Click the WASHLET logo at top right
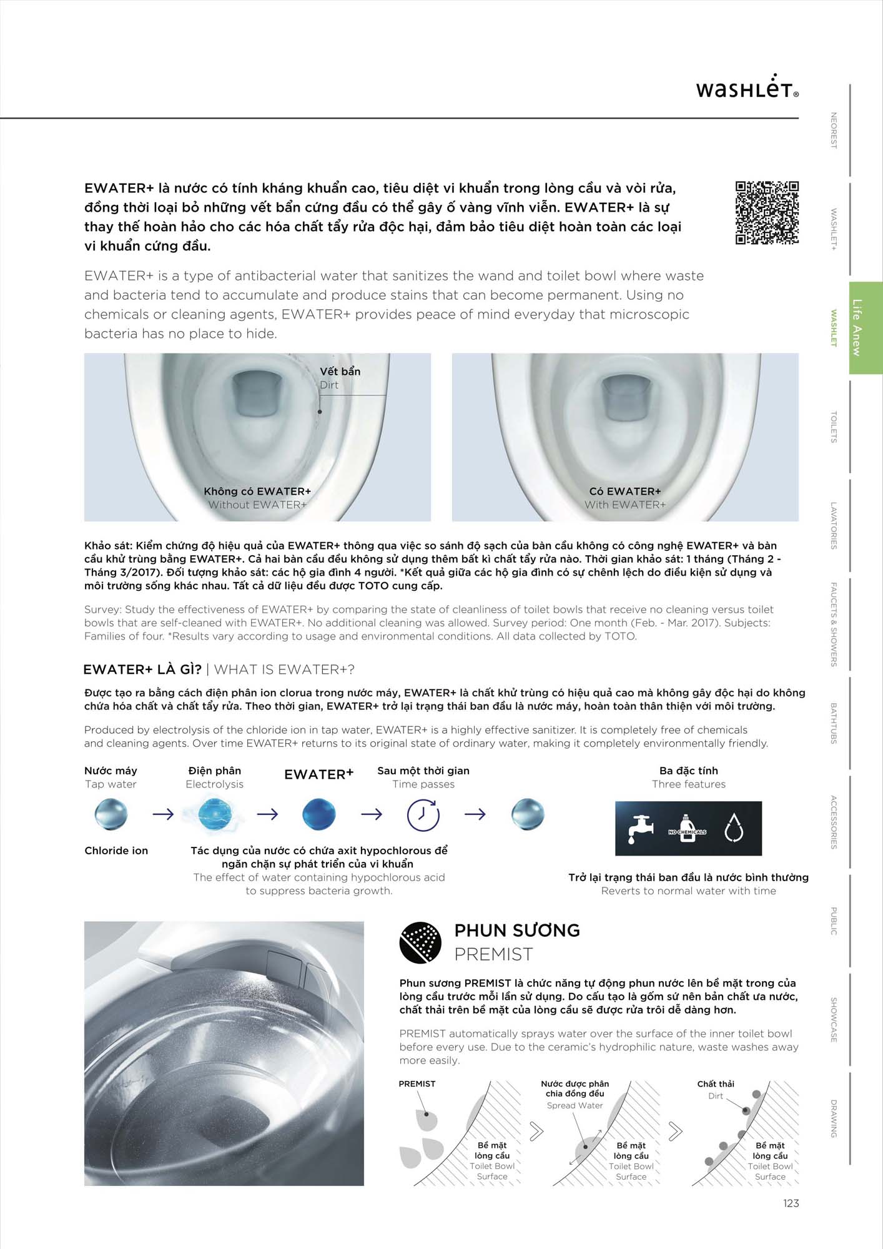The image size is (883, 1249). pyautogui.click(x=747, y=88)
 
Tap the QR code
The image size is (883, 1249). pyautogui.click(x=767, y=212)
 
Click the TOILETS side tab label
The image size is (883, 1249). pyautogui.click(x=833, y=427)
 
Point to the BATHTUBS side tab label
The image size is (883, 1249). pyautogui.click(x=833, y=723)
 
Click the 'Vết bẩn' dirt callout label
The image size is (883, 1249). pyautogui.click(x=340, y=372)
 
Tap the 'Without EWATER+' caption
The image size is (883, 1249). pyautogui.click(x=257, y=505)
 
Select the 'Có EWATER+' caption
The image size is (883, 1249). pyautogui.click(x=624, y=491)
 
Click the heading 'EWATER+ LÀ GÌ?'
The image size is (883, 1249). pyautogui.click(x=142, y=669)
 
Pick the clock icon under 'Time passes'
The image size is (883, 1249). pyautogui.click(x=423, y=814)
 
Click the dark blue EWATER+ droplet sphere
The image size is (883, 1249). pyautogui.click(x=318, y=814)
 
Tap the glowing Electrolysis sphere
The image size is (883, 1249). pyautogui.click(x=215, y=814)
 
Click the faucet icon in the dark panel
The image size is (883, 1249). pyautogui.click(x=641, y=829)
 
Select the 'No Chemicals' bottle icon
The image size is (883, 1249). pyautogui.click(x=687, y=829)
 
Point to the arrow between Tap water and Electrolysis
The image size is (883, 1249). pyautogui.click(x=163, y=814)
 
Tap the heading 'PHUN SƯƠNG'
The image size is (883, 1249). pyautogui.click(x=517, y=931)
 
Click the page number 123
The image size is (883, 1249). pyautogui.click(x=791, y=1203)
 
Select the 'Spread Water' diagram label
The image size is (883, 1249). pyautogui.click(x=575, y=1105)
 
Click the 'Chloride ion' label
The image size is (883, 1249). pyautogui.click(x=116, y=851)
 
